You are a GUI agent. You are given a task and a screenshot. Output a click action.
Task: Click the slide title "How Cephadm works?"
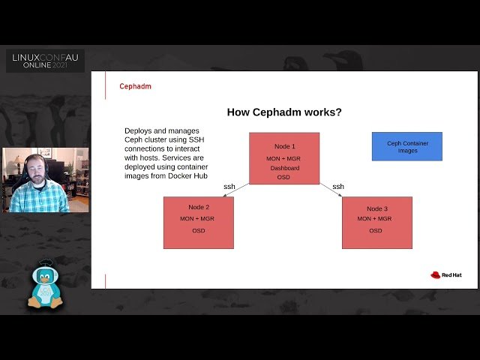[x=284, y=112]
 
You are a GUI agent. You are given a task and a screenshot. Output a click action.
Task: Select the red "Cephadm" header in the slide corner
[x=135, y=86]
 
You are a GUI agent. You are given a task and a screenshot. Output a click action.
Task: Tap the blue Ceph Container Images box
[x=407, y=146]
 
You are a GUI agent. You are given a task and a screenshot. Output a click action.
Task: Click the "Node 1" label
[x=284, y=146]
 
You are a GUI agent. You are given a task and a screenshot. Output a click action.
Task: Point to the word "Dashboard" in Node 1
[x=284, y=168]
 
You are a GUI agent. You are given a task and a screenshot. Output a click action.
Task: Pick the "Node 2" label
[x=199, y=206]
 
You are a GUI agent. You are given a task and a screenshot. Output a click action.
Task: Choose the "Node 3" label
[x=377, y=208]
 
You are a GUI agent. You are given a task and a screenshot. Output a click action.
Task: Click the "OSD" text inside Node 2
[x=199, y=230]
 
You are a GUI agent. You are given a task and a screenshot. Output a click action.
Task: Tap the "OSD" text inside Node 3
[x=376, y=230]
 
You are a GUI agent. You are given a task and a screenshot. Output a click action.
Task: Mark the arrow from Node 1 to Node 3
[x=331, y=190]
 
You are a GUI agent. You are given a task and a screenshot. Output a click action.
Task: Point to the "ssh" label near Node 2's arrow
[x=229, y=186]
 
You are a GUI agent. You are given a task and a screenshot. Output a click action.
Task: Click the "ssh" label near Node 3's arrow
[x=338, y=186]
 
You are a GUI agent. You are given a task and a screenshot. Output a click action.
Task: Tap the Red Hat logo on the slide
[x=445, y=274]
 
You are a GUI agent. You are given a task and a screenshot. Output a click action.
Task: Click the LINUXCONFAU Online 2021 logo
[x=45, y=61]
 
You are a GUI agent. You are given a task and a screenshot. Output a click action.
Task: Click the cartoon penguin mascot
[x=44, y=285]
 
